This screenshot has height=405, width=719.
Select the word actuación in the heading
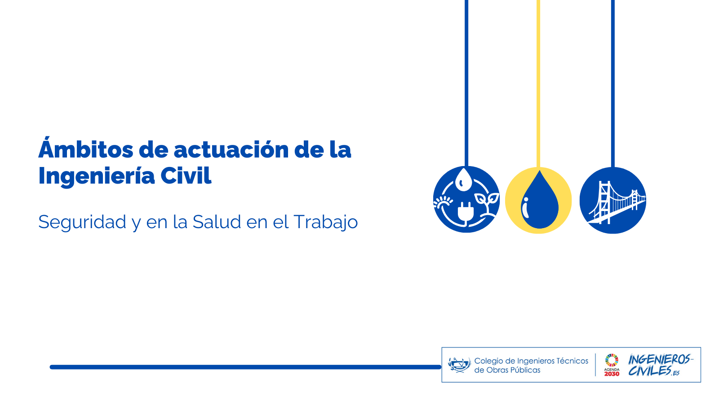pyautogui.click(x=231, y=149)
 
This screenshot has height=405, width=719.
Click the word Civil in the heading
pyautogui.click(x=186, y=175)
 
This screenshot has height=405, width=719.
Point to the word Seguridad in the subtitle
pyautogui.click(x=82, y=222)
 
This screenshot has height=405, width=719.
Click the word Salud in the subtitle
pyautogui.click(x=217, y=221)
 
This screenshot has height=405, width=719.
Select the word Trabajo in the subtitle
pyautogui.click(x=325, y=222)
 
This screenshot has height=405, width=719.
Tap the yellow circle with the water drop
pyautogui.click(x=538, y=200)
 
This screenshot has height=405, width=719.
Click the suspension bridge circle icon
pyautogui.click(x=613, y=200)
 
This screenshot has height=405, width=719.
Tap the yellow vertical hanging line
pyautogui.click(x=538, y=84)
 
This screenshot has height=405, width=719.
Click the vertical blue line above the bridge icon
pyautogui.click(x=613, y=84)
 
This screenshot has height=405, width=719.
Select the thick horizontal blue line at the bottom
pyautogui.click(x=245, y=367)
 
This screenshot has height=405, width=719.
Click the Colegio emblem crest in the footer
pyautogui.click(x=459, y=365)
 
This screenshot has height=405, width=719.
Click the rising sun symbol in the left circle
pyautogui.click(x=443, y=203)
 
